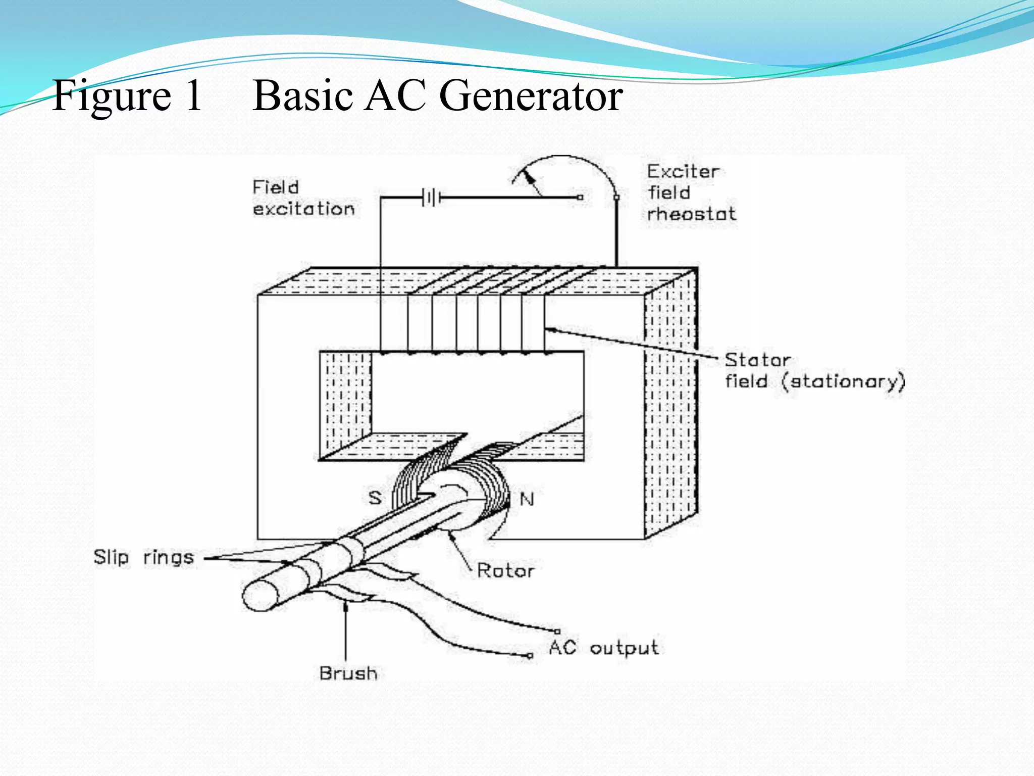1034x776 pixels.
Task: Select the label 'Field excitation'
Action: pos(303,198)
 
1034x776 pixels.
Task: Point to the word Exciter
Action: pos(683,172)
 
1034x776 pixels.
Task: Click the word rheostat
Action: pos(691,214)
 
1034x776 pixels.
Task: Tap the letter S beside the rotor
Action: pos(375,498)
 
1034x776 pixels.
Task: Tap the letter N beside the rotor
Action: pos(527,500)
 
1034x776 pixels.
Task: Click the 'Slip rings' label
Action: pos(144,557)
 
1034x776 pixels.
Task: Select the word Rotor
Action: pos(505,571)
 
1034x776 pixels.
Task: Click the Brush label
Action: pos(348,673)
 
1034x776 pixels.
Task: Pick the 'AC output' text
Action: pos(604,648)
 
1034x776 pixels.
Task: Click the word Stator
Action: pos(757,360)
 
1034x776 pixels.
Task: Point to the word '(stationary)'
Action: pos(843,381)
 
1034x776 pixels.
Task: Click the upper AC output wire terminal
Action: pos(557,631)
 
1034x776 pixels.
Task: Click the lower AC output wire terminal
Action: pos(530,656)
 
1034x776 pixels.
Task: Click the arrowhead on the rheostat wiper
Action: pos(528,177)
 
